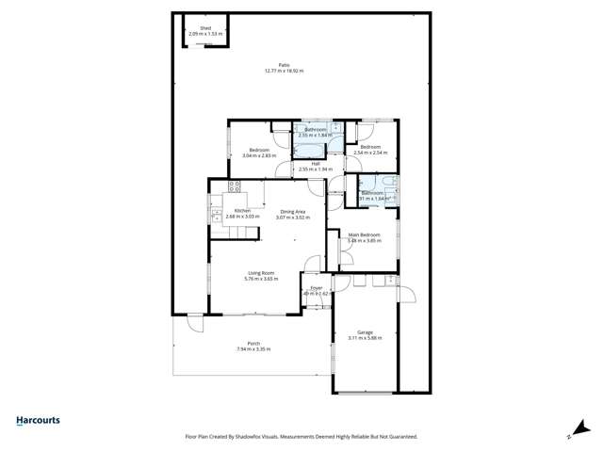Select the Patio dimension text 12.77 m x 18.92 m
(284, 71)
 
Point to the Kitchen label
(242, 210)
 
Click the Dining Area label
(292, 212)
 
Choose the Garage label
(365, 331)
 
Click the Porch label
(253, 343)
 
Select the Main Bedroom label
(365, 234)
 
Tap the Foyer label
(317, 287)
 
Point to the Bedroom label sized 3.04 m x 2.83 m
(259, 151)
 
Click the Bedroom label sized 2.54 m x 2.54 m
(369, 146)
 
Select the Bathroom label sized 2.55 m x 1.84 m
(315, 129)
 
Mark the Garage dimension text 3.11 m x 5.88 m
(365, 337)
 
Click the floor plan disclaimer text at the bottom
(301, 436)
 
